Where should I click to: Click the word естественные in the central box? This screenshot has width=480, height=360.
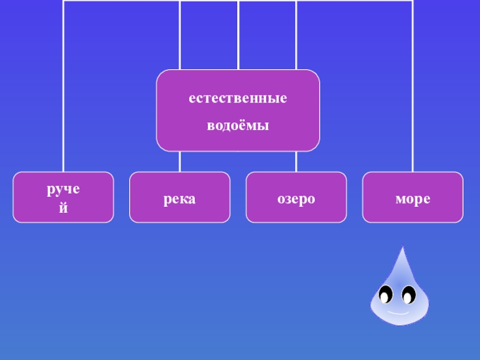[x=238, y=98]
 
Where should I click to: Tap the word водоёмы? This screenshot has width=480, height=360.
[x=238, y=127]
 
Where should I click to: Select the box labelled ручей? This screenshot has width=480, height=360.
[x=64, y=197]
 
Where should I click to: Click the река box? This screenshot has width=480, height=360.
[x=179, y=197]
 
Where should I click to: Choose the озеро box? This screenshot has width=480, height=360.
[x=296, y=197]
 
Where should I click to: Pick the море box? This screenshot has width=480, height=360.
[x=412, y=197]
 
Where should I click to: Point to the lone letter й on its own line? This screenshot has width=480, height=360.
[x=64, y=208]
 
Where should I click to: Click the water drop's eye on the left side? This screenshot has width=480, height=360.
[x=385, y=295]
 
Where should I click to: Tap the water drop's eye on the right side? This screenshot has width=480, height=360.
[x=409, y=295]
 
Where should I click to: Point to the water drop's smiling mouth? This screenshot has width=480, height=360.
[x=397, y=313]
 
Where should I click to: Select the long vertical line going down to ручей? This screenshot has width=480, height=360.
[x=64, y=90]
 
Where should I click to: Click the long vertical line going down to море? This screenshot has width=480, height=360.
[x=412, y=90]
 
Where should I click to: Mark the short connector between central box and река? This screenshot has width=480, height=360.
[x=179, y=161]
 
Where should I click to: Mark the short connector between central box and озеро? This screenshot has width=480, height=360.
[x=296, y=161]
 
